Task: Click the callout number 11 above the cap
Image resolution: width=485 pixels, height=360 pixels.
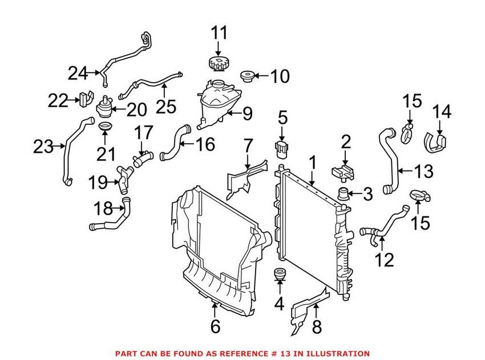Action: [x=218, y=33]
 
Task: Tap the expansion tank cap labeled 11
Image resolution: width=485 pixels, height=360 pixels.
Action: [x=218, y=63]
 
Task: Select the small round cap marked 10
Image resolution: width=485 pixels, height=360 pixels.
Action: [x=249, y=75]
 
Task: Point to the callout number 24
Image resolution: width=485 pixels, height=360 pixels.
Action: [x=78, y=74]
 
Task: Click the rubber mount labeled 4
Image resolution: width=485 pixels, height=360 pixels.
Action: [x=280, y=276]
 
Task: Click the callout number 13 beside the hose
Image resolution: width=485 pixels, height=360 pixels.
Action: [x=423, y=170]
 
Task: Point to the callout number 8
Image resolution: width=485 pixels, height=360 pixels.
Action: [x=317, y=327]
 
